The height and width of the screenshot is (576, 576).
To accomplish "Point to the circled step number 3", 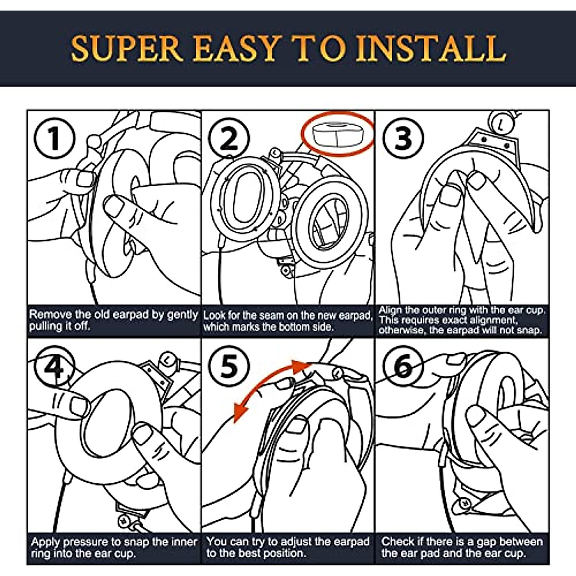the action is point(403,138).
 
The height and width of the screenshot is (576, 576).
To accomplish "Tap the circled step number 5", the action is point(229,366).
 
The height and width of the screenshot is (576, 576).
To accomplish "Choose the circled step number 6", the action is point(403,366).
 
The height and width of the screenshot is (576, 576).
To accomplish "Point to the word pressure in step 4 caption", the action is point(88,542).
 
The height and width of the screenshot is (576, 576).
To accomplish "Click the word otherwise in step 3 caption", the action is point(400,330).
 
